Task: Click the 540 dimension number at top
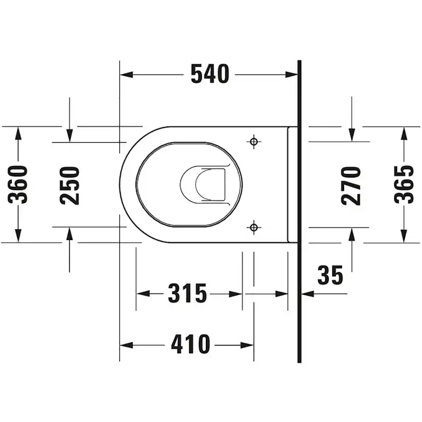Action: pyautogui.click(x=209, y=75)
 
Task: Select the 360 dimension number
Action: pyautogui.click(x=18, y=184)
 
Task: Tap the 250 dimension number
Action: pyautogui.click(x=70, y=185)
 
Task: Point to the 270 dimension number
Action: pyautogui.click(x=352, y=185)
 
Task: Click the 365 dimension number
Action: pyautogui.click(x=404, y=184)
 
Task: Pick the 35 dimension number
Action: pyautogui.click(x=330, y=276)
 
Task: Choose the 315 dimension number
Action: pyautogui.click(x=188, y=294)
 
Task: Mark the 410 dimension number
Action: pyautogui.click(x=190, y=345)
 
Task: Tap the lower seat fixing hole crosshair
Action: pyautogui.click(x=254, y=228)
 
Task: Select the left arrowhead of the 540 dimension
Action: pyautogui.click(x=125, y=75)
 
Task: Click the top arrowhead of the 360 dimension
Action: pyautogui.click(x=18, y=133)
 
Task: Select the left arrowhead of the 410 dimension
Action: pyautogui.click(x=125, y=345)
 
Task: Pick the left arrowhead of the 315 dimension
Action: pyautogui.click(x=142, y=294)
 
